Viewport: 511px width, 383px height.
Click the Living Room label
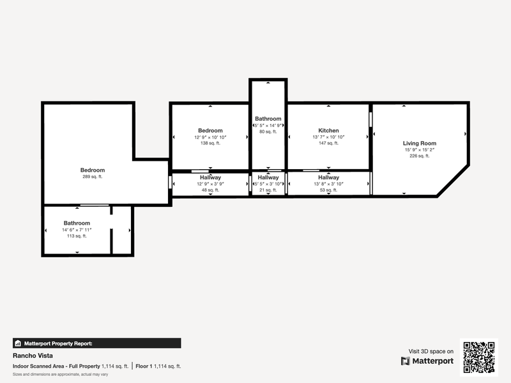(x=420, y=143)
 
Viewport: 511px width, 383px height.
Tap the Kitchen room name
(x=328, y=131)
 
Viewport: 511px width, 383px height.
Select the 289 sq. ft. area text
(x=93, y=177)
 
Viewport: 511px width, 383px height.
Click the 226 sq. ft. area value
(x=420, y=156)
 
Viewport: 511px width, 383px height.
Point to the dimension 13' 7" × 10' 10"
(x=328, y=137)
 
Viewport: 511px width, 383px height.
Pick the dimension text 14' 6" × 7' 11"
(x=77, y=230)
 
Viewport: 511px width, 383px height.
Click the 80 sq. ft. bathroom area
(x=268, y=131)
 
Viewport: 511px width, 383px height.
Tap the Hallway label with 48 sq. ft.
(x=210, y=177)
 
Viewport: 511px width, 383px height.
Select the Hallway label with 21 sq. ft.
(x=268, y=177)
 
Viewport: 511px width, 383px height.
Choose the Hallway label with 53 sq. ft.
(x=328, y=177)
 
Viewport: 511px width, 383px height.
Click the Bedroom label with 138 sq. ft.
(x=210, y=131)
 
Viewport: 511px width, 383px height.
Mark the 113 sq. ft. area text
(x=77, y=236)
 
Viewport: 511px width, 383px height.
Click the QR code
(x=478, y=357)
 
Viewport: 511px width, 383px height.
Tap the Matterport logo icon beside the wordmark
(x=406, y=361)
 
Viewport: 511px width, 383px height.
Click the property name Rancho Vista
(x=33, y=356)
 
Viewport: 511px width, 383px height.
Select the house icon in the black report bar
(x=18, y=343)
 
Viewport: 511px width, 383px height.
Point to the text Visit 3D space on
(x=431, y=352)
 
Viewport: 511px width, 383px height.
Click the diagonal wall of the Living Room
(x=453, y=181)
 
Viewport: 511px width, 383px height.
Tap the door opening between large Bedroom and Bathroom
(x=95, y=205)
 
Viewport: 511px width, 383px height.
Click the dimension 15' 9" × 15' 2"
(x=420, y=150)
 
